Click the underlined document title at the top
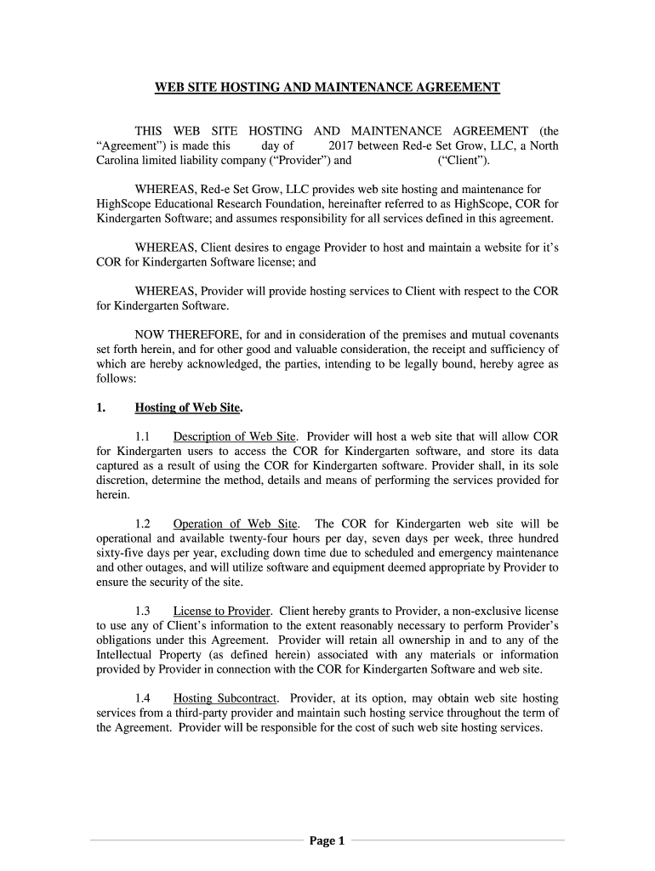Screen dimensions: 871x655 tap(327, 88)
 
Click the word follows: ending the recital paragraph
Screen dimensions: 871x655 tap(116, 378)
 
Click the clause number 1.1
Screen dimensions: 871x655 tap(143, 436)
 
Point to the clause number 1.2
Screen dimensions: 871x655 tap(143, 524)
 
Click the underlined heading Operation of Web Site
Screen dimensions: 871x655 tap(236, 524)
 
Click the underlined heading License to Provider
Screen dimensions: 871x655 tap(222, 611)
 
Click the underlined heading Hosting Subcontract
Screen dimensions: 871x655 tap(225, 698)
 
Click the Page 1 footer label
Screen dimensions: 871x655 tap(327, 841)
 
